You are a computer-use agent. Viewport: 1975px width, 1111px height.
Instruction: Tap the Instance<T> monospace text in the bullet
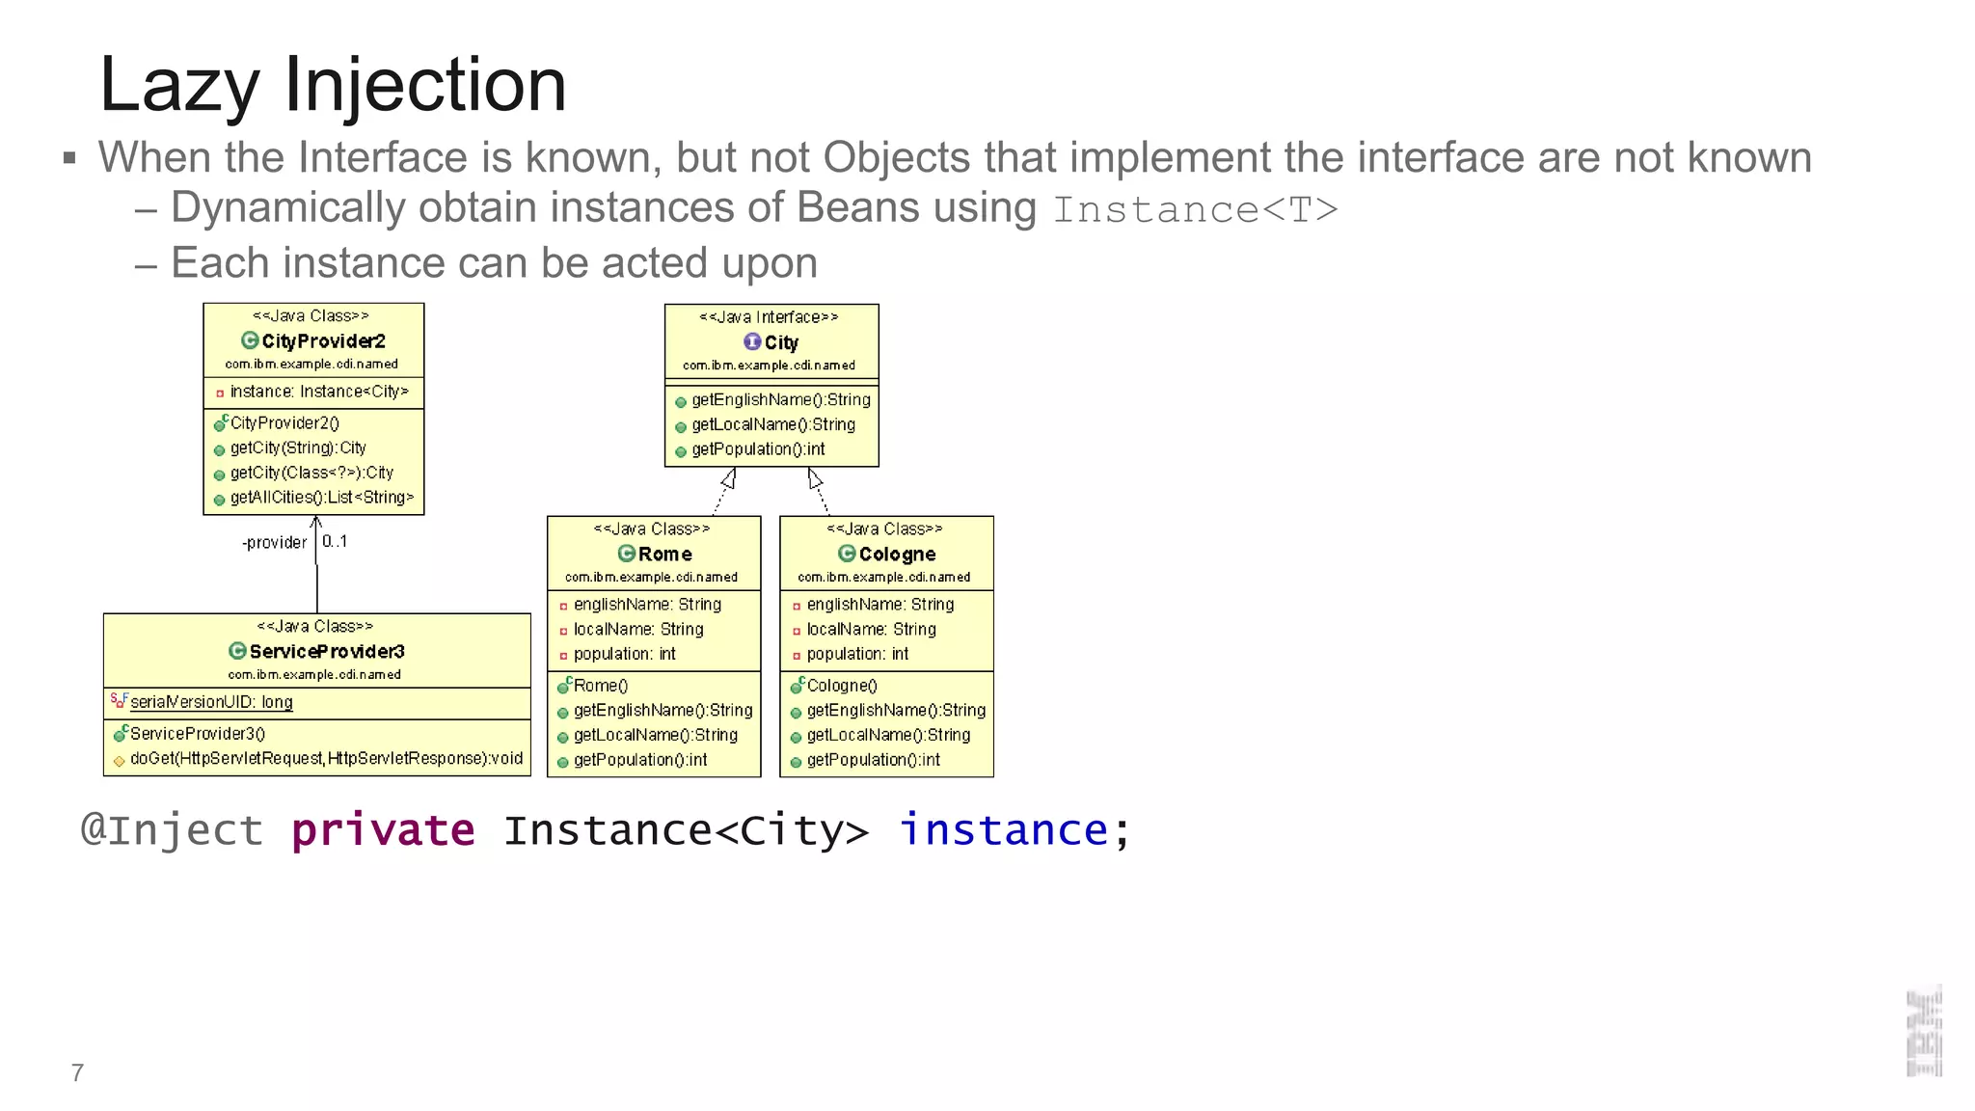pyautogui.click(x=1195, y=210)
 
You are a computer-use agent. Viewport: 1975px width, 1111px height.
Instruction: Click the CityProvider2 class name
pyautogui.click(x=323, y=341)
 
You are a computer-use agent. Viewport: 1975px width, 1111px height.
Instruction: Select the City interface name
pyautogui.click(x=781, y=342)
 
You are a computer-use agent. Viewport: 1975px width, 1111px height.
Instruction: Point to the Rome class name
pyautogui.click(x=664, y=555)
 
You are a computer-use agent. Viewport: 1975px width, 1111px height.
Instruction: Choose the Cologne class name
pyautogui.click(x=897, y=555)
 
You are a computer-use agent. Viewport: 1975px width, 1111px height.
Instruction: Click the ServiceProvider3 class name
pyautogui.click(x=327, y=652)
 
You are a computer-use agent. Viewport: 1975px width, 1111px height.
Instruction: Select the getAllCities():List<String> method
pyautogui.click(x=321, y=498)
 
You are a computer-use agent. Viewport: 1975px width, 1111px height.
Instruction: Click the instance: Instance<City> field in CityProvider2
pyautogui.click(x=318, y=392)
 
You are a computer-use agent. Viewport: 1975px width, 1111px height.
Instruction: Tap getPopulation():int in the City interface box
pyautogui.click(x=758, y=449)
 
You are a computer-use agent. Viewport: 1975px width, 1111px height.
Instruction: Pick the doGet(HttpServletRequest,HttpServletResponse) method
pyautogui.click(x=326, y=759)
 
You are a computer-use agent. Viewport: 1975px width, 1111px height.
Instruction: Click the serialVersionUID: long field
pyautogui.click(x=211, y=702)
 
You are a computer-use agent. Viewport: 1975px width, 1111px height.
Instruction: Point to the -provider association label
pyautogui.click(x=274, y=543)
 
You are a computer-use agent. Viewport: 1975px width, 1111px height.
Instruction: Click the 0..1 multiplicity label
pyautogui.click(x=335, y=542)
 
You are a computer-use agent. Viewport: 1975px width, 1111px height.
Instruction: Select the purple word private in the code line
pyautogui.click(x=383, y=830)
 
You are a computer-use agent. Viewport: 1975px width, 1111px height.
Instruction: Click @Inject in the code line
pyautogui.click(x=172, y=830)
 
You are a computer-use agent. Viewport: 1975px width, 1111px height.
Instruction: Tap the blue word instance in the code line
pyautogui.click(x=1003, y=830)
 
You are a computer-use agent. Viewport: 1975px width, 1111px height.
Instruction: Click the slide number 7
pyautogui.click(x=77, y=1072)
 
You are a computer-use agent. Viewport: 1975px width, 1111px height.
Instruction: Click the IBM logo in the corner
pyautogui.click(x=1924, y=1032)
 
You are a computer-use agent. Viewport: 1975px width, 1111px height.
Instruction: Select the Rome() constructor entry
pyautogui.click(x=600, y=686)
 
